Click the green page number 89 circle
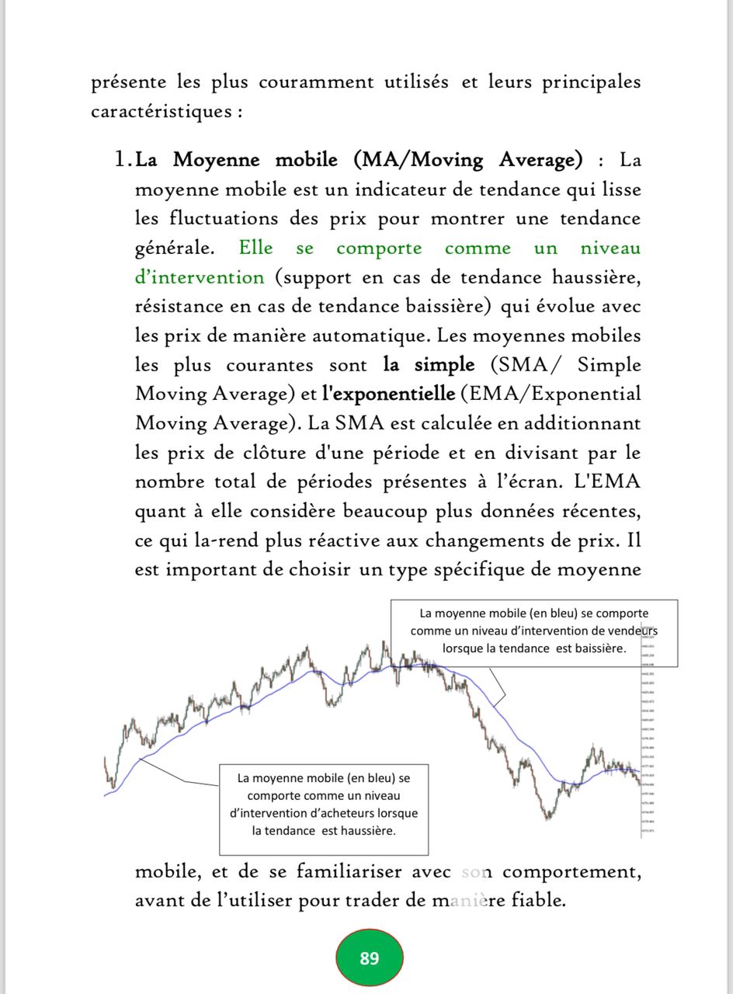370,958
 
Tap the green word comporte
379,248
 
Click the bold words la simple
428,365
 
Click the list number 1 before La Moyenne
121,161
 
